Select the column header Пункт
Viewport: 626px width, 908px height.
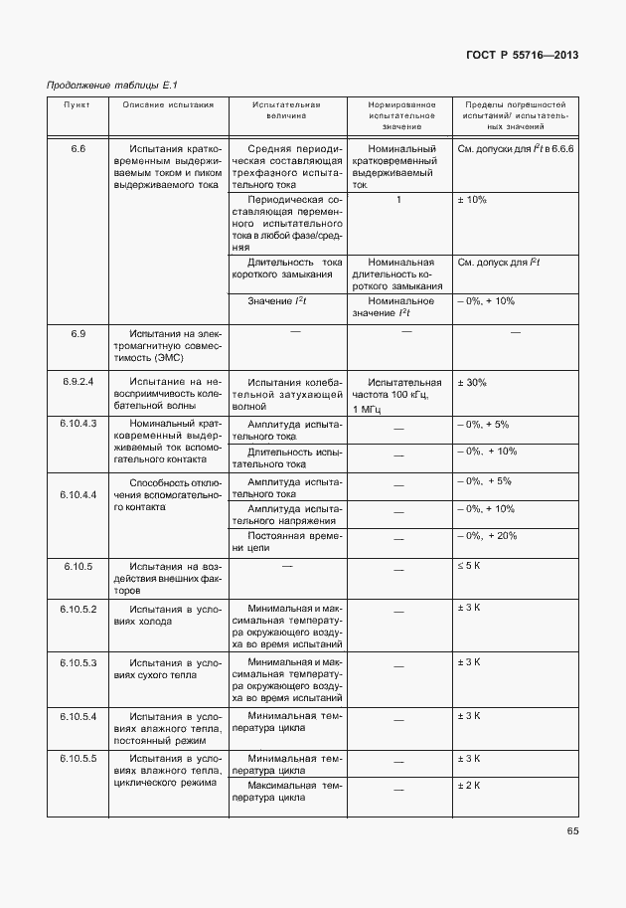77,103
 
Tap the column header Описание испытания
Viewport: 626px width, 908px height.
168,103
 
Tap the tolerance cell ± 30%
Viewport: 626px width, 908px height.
472,382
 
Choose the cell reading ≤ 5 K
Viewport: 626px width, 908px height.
469,566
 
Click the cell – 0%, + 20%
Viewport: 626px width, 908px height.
486,535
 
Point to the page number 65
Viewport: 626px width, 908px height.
572,831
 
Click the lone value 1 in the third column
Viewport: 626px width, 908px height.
398,200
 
